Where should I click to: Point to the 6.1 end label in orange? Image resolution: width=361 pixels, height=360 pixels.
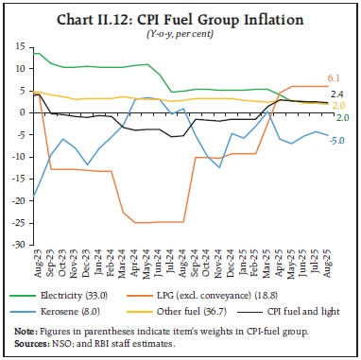tap(335, 77)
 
